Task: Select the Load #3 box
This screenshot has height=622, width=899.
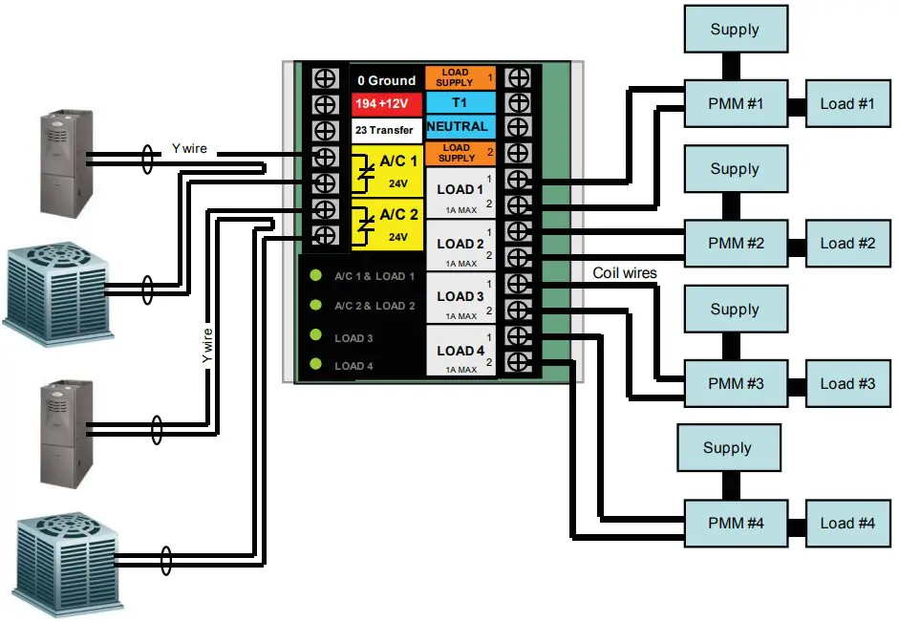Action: point(847,383)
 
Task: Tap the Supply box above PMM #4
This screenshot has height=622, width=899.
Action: point(728,448)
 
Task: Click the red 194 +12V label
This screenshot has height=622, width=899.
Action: point(386,103)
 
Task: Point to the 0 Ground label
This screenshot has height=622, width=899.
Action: point(386,80)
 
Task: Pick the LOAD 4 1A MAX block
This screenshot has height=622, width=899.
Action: point(460,352)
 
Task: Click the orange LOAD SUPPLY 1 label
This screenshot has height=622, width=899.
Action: point(460,77)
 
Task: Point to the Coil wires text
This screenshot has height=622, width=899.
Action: point(625,273)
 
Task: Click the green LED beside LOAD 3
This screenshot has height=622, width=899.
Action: point(316,336)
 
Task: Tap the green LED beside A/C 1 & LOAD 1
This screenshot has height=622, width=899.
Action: point(316,276)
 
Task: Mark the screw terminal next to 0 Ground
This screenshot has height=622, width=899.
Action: point(325,78)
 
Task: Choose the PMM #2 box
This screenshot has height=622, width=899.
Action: point(736,243)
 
